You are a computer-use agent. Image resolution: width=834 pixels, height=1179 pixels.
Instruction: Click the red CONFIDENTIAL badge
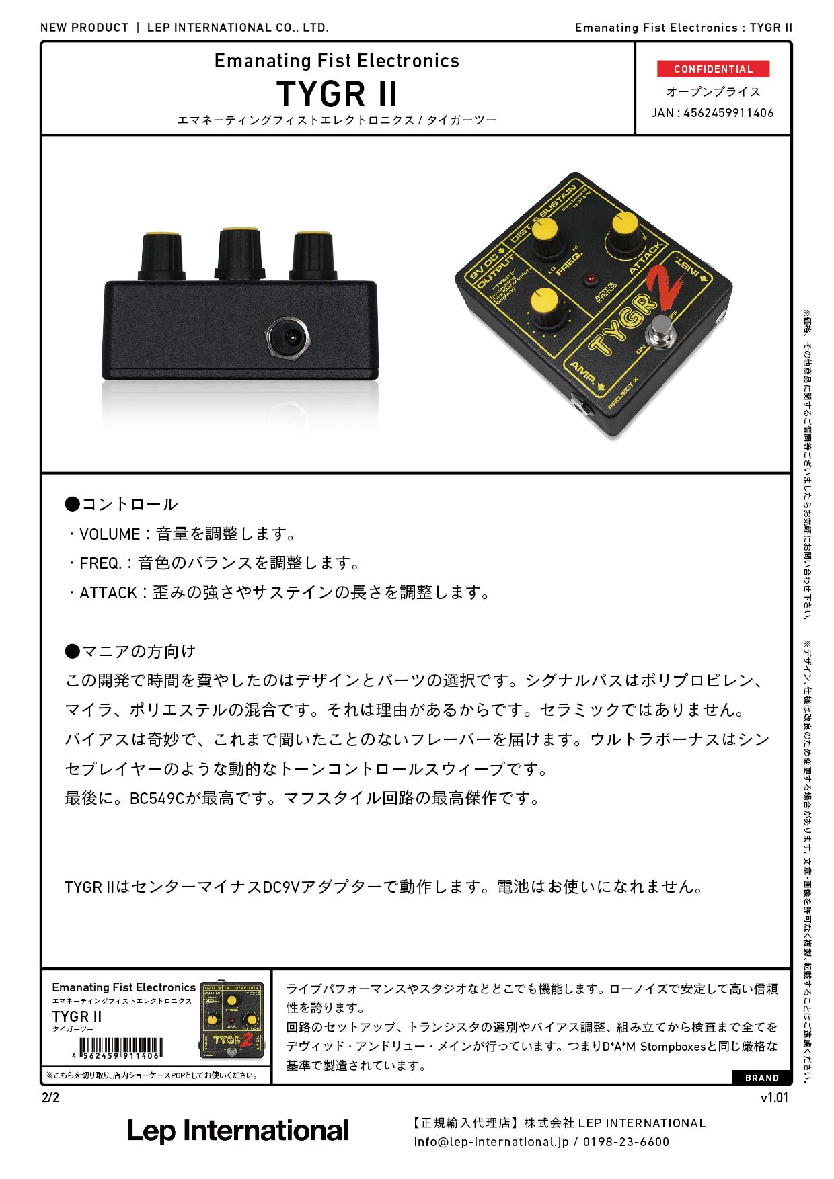click(x=713, y=69)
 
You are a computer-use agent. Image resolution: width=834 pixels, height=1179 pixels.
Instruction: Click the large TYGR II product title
click(x=337, y=93)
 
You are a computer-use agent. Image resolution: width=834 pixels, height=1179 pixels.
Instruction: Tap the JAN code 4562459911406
click(x=728, y=113)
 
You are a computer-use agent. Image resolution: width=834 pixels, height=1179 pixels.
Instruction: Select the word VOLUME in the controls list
click(x=109, y=534)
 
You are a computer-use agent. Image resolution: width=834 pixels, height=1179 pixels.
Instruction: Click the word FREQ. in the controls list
click(x=101, y=563)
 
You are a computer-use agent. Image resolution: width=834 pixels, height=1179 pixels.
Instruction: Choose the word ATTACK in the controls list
click(x=108, y=593)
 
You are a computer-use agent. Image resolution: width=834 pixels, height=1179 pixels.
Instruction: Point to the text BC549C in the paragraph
click(x=157, y=799)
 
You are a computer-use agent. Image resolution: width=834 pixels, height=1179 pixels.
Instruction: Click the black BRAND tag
click(x=761, y=1078)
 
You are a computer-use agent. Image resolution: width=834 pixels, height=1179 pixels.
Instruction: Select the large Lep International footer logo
click(x=238, y=1131)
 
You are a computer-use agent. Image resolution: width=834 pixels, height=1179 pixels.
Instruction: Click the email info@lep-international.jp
click(x=491, y=1142)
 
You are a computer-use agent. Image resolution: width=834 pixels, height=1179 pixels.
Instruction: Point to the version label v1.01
click(x=774, y=1098)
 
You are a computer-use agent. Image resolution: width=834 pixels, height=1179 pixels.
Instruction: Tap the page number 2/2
click(x=50, y=1098)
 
